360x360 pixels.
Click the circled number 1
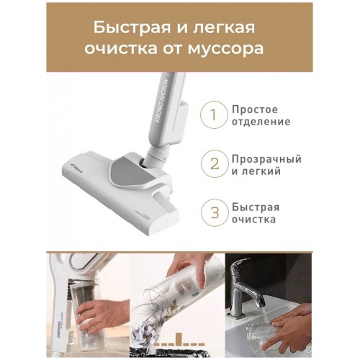(x=211, y=115)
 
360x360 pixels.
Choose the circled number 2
(x=211, y=165)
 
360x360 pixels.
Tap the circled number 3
(x=211, y=214)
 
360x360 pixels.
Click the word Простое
(x=255, y=109)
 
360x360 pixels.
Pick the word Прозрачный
(x=266, y=158)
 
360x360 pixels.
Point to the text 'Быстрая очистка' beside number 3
(x=256, y=214)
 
